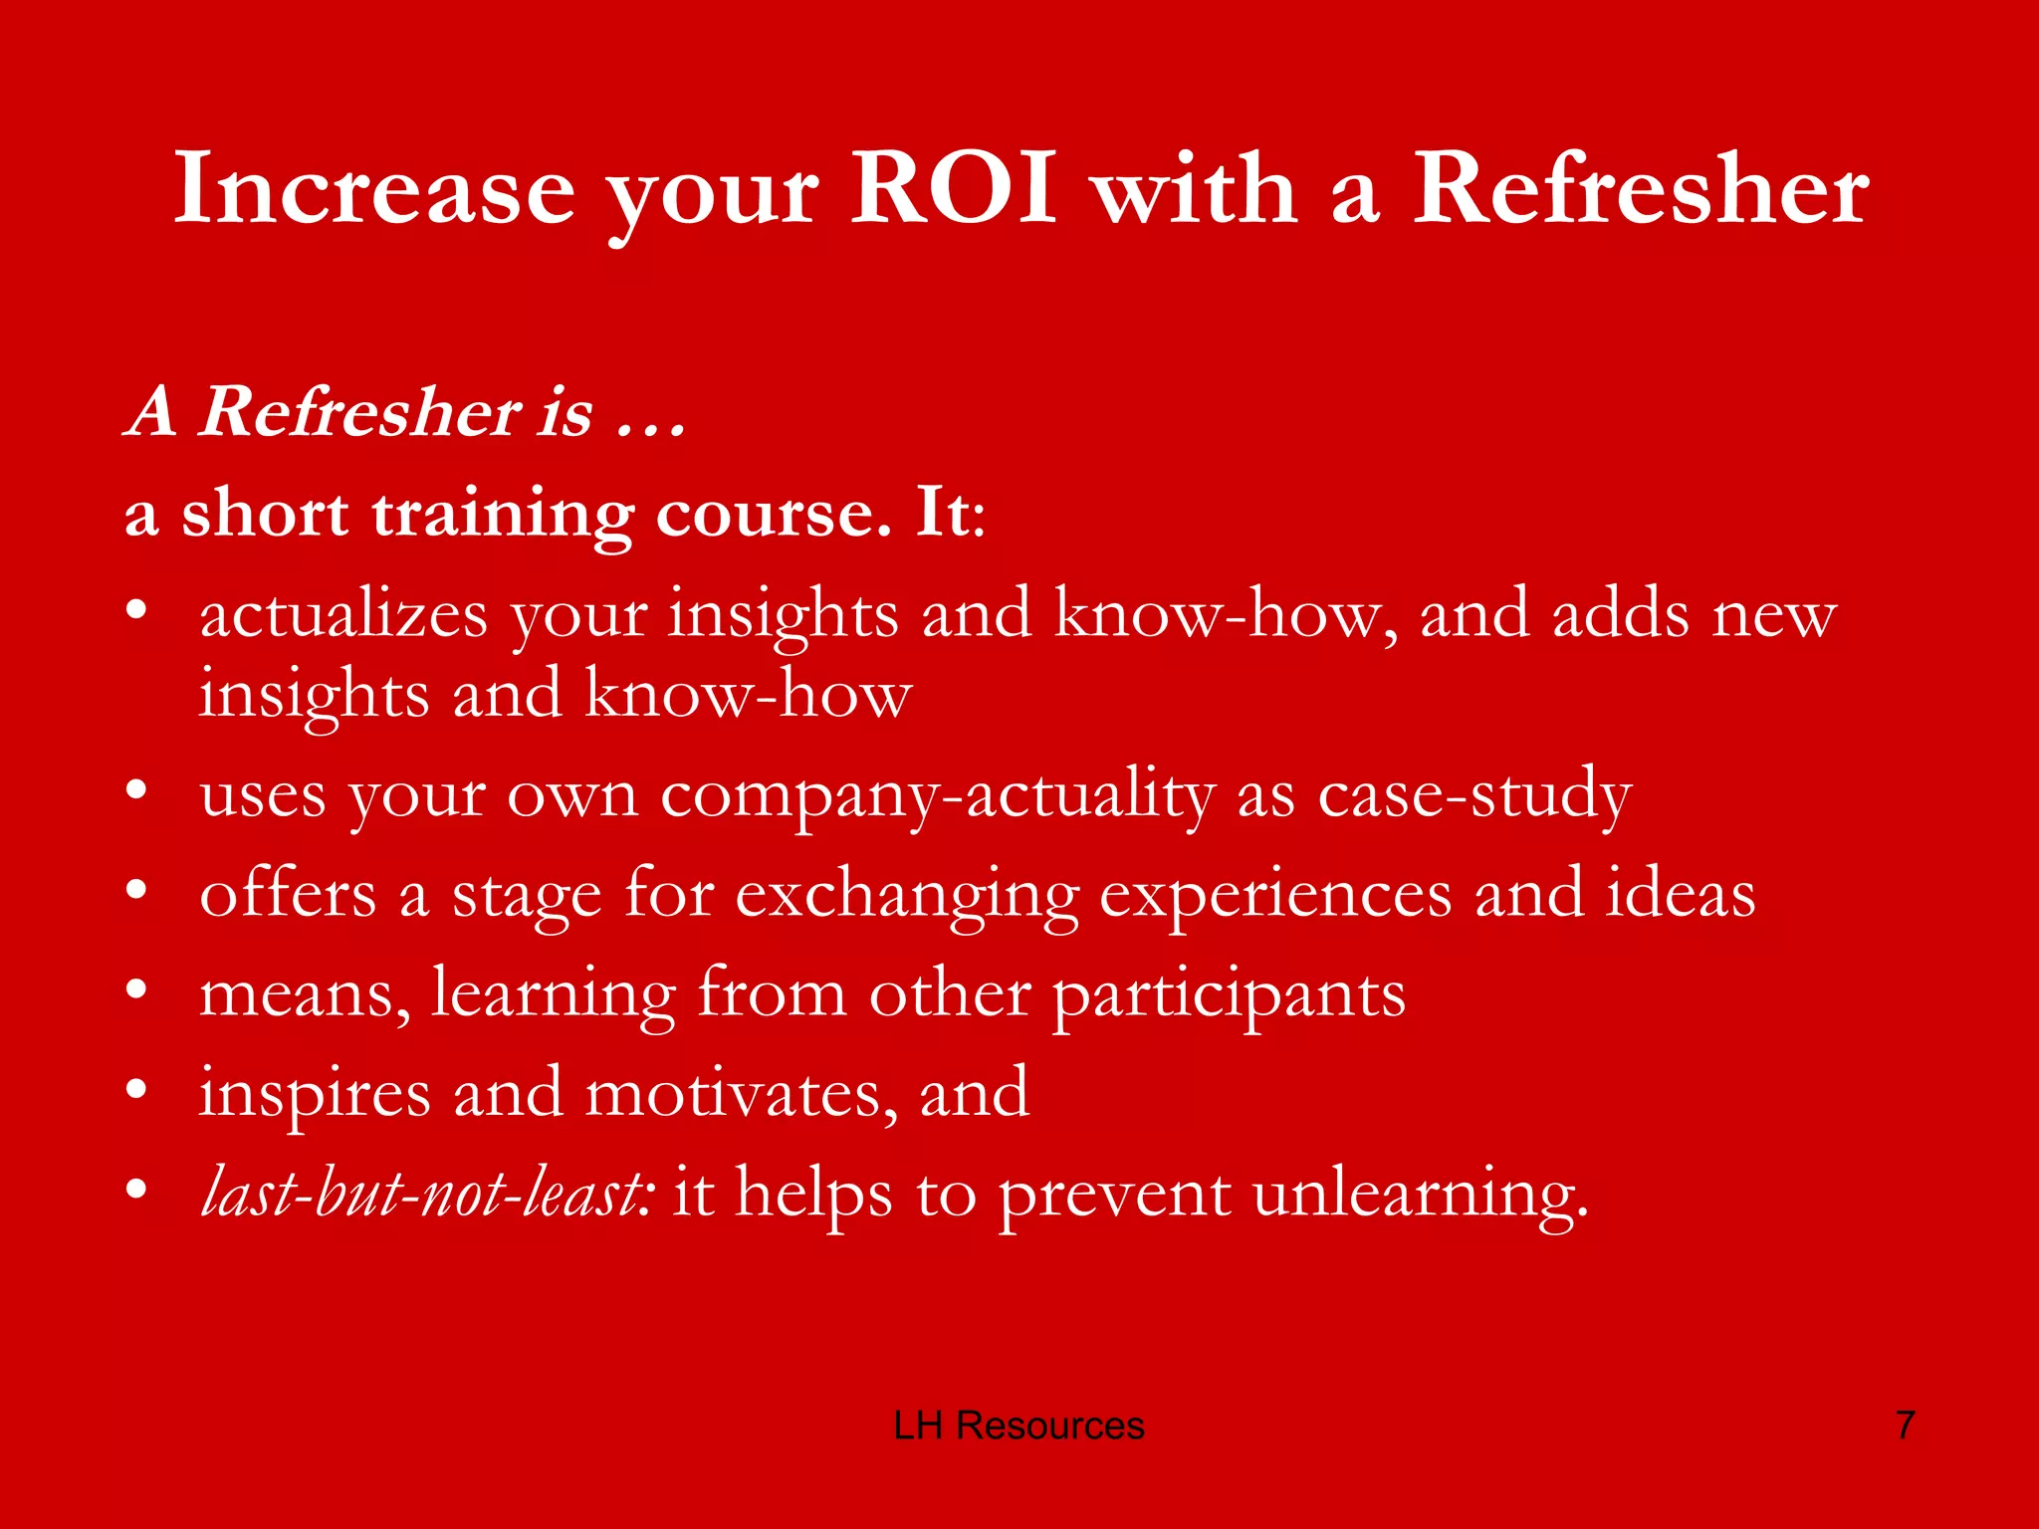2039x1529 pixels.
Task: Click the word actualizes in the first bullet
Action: point(343,615)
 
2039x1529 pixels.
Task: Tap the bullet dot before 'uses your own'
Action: point(137,791)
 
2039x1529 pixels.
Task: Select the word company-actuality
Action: point(937,796)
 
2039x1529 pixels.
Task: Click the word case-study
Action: point(1474,796)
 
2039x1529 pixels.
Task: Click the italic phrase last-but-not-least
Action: point(422,1193)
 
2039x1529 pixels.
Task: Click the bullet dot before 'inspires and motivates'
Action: point(137,1090)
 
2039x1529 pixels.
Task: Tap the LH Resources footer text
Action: point(1019,1425)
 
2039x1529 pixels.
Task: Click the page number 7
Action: point(1905,1425)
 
